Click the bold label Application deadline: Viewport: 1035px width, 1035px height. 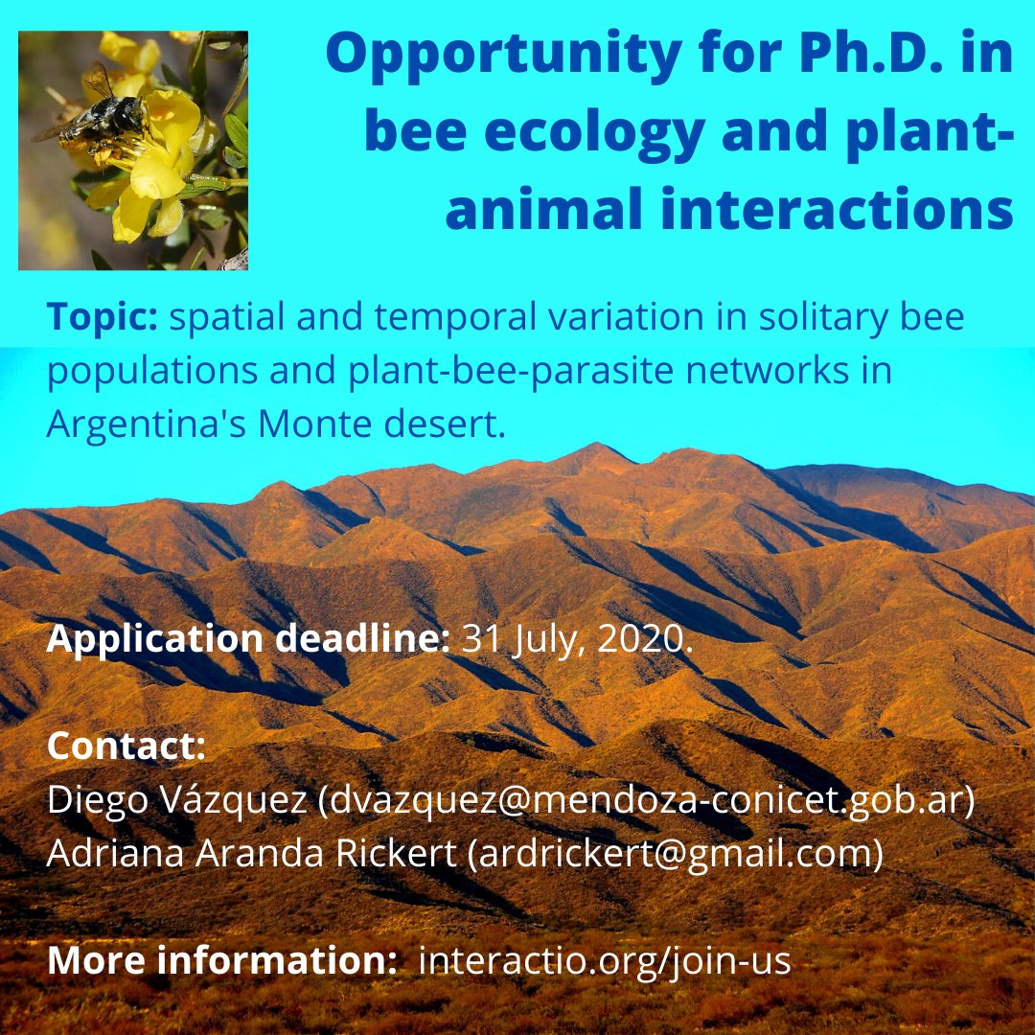point(247,639)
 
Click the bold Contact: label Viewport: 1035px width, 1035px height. point(126,747)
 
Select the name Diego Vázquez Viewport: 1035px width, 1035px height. point(176,800)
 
